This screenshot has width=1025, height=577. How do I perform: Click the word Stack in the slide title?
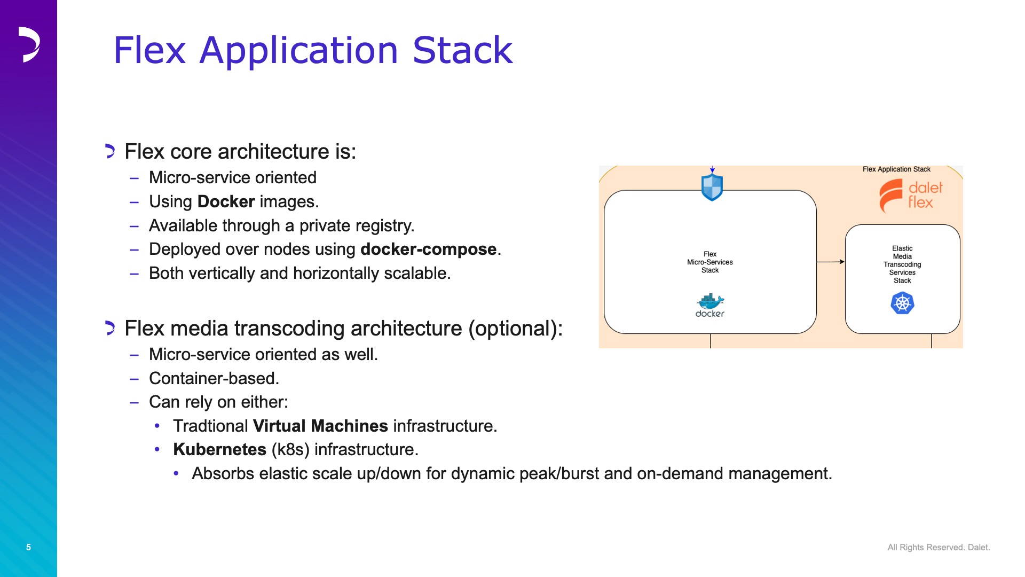pos(462,50)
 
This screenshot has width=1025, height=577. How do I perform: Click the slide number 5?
pos(28,547)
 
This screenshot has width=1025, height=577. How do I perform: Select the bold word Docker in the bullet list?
pos(226,201)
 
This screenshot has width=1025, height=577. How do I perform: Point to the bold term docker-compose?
pos(429,249)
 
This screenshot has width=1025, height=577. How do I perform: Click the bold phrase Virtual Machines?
pos(320,426)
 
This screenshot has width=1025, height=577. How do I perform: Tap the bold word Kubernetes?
pos(219,449)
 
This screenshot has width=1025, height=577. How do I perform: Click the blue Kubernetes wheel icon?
pos(902,303)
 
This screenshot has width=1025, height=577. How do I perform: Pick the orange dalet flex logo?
pos(911,196)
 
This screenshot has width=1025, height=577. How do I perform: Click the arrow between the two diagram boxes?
pos(831,262)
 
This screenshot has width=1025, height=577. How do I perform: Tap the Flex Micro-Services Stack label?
pos(710,262)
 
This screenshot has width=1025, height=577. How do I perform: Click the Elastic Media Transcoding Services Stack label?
pos(902,264)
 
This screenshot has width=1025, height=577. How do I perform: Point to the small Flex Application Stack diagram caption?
pos(896,169)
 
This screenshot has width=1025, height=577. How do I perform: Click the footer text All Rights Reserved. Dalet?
pos(939,548)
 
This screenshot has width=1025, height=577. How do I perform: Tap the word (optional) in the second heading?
pos(515,329)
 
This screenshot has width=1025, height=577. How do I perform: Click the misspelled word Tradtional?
pos(210,426)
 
